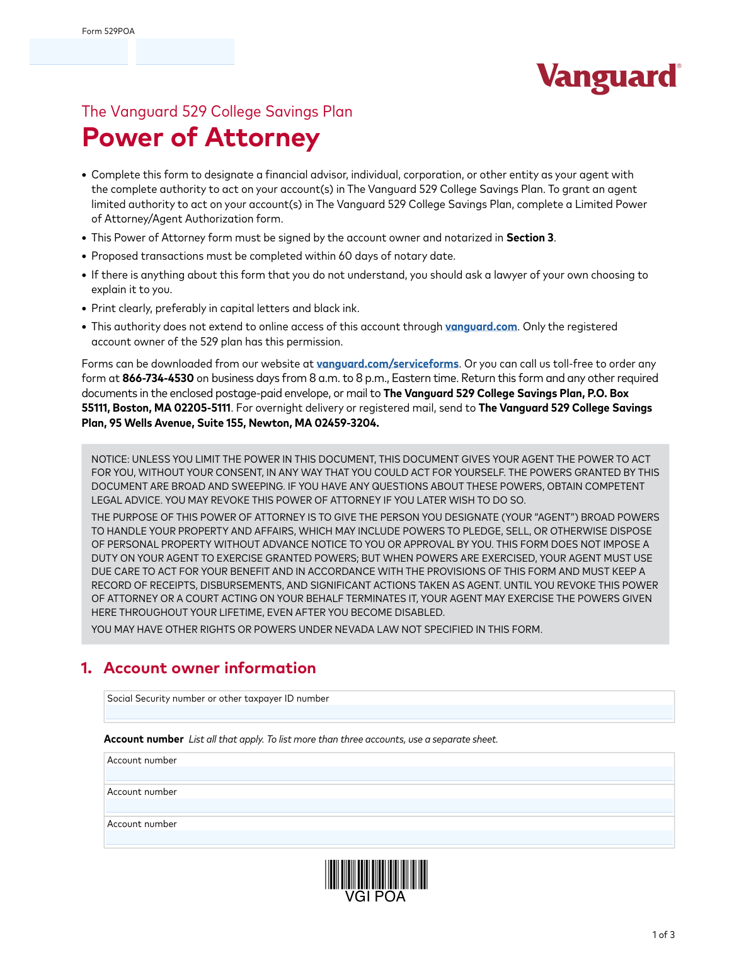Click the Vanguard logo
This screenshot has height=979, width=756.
(x=608, y=78)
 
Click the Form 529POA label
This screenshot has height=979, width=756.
(x=108, y=32)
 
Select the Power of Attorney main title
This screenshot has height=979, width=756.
(x=200, y=137)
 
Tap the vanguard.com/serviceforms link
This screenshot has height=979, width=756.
(x=387, y=364)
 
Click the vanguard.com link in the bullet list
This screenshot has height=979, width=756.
(x=481, y=327)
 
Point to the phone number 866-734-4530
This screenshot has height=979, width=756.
(x=157, y=378)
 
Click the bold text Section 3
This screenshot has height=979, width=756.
(x=530, y=238)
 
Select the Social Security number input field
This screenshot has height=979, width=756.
(x=389, y=712)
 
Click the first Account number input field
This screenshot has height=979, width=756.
(x=389, y=774)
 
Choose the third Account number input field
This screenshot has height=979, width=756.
(x=389, y=838)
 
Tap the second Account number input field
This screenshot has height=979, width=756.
(x=389, y=806)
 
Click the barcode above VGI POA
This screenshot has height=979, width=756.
(x=376, y=874)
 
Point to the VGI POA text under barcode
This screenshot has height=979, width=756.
(x=375, y=896)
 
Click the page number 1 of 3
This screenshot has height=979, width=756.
(x=663, y=935)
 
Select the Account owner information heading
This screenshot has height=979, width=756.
(x=209, y=668)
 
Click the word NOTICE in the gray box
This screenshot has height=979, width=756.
(x=110, y=460)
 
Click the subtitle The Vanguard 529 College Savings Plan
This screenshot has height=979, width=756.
(x=217, y=112)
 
